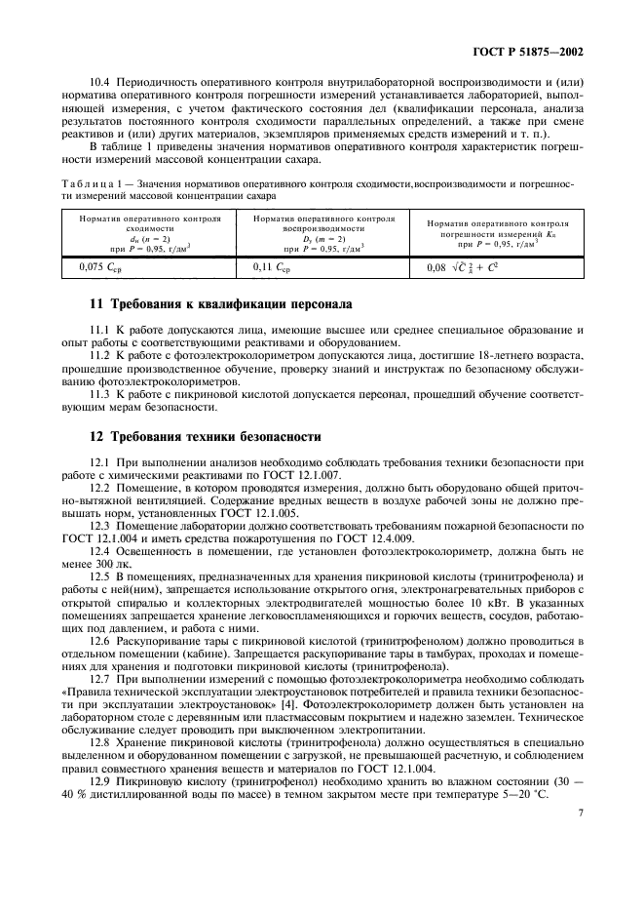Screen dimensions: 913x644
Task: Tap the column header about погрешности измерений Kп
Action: [x=497, y=234]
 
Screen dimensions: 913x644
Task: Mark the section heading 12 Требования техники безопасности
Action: [x=206, y=436]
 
